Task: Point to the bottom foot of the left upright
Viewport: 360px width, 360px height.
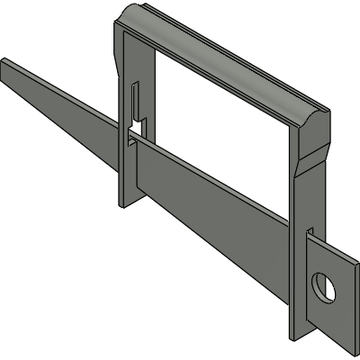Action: click(127, 200)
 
